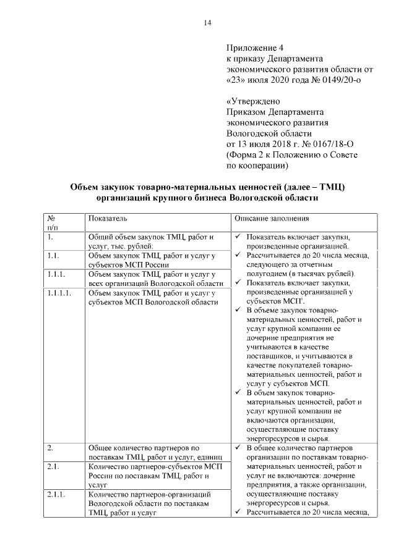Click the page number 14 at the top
(207, 23)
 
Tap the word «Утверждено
(254, 101)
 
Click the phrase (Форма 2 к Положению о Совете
(292, 155)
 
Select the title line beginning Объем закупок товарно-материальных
(207, 187)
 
